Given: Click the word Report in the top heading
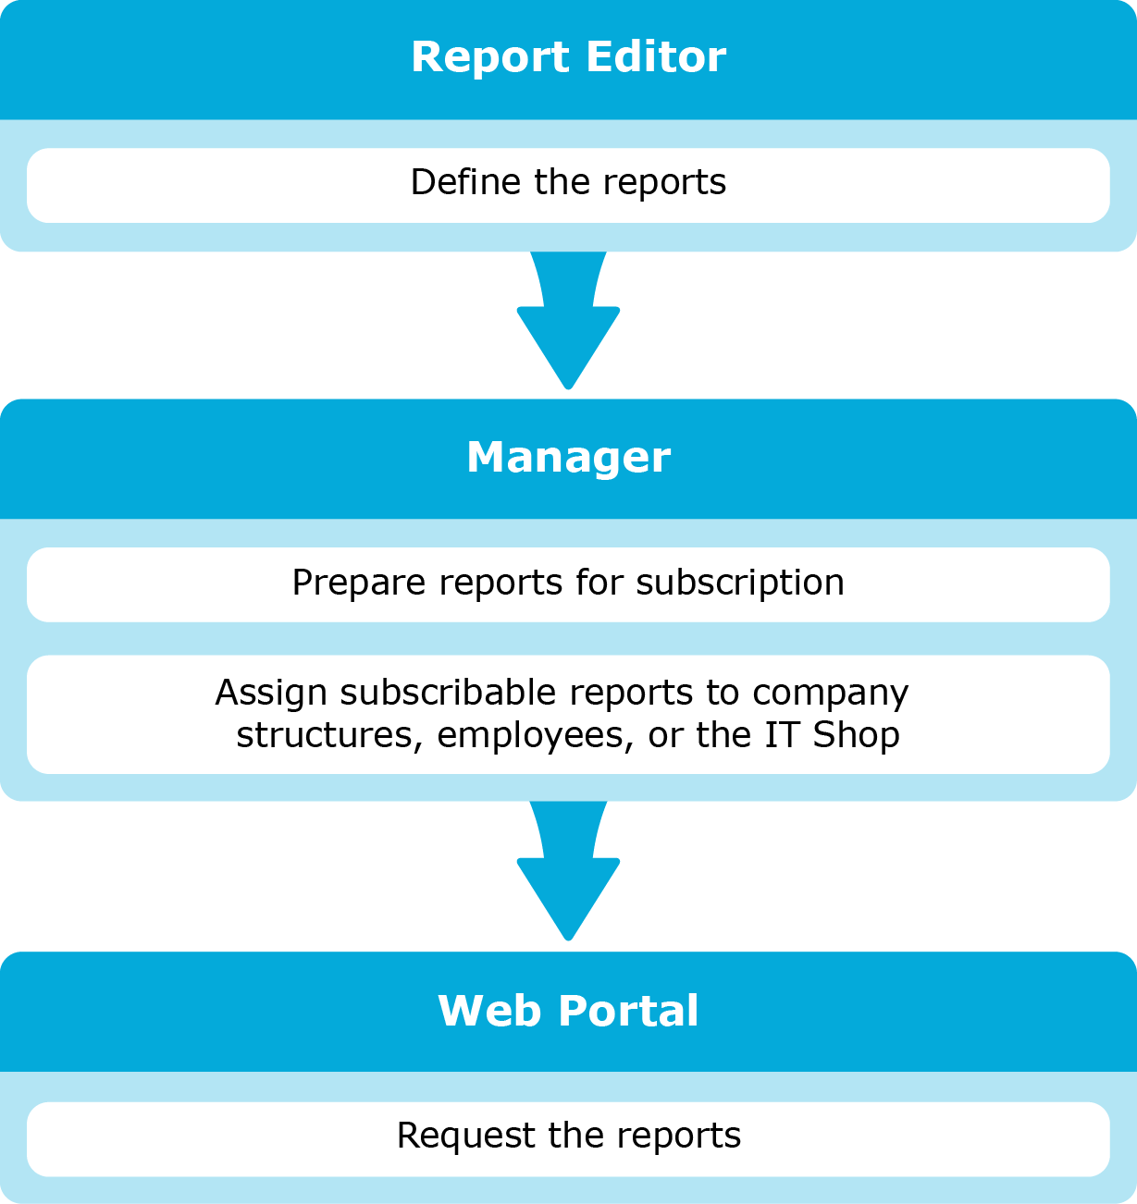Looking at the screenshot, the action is click(x=490, y=58).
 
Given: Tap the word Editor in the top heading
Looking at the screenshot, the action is click(x=656, y=57).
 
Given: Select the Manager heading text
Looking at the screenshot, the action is click(x=568, y=459).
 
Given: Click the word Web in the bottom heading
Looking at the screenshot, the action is click(x=489, y=1012).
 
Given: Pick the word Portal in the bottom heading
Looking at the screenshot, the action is click(x=628, y=1012).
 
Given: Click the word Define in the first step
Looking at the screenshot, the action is click(x=465, y=182).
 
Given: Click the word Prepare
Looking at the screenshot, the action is click(x=359, y=584).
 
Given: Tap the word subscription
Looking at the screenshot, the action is click(x=739, y=583).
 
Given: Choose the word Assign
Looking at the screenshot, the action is click(x=270, y=694).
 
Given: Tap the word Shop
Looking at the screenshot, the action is click(x=856, y=736).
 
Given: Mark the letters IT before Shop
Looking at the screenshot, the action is click(x=782, y=735).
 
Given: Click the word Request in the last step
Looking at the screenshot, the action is click(x=466, y=1136).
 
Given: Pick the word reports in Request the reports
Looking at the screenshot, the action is click(x=678, y=1136).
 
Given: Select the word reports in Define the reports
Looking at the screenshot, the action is click(x=664, y=183).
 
